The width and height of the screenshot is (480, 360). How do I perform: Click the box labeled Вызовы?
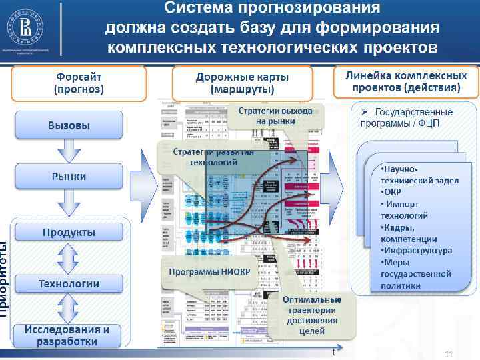[69, 125]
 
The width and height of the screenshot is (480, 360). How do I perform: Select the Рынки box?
[69, 177]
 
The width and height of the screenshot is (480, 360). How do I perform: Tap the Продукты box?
[69, 232]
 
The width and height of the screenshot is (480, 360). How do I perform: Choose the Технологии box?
[69, 283]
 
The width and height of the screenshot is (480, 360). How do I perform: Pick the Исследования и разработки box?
[68, 335]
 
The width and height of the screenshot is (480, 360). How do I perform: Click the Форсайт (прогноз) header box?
[79, 83]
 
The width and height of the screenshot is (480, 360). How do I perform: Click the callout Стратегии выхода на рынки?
[275, 117]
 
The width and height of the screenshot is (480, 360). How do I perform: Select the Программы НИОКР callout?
[209, 272]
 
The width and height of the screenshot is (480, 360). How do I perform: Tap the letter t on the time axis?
[333, 352]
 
